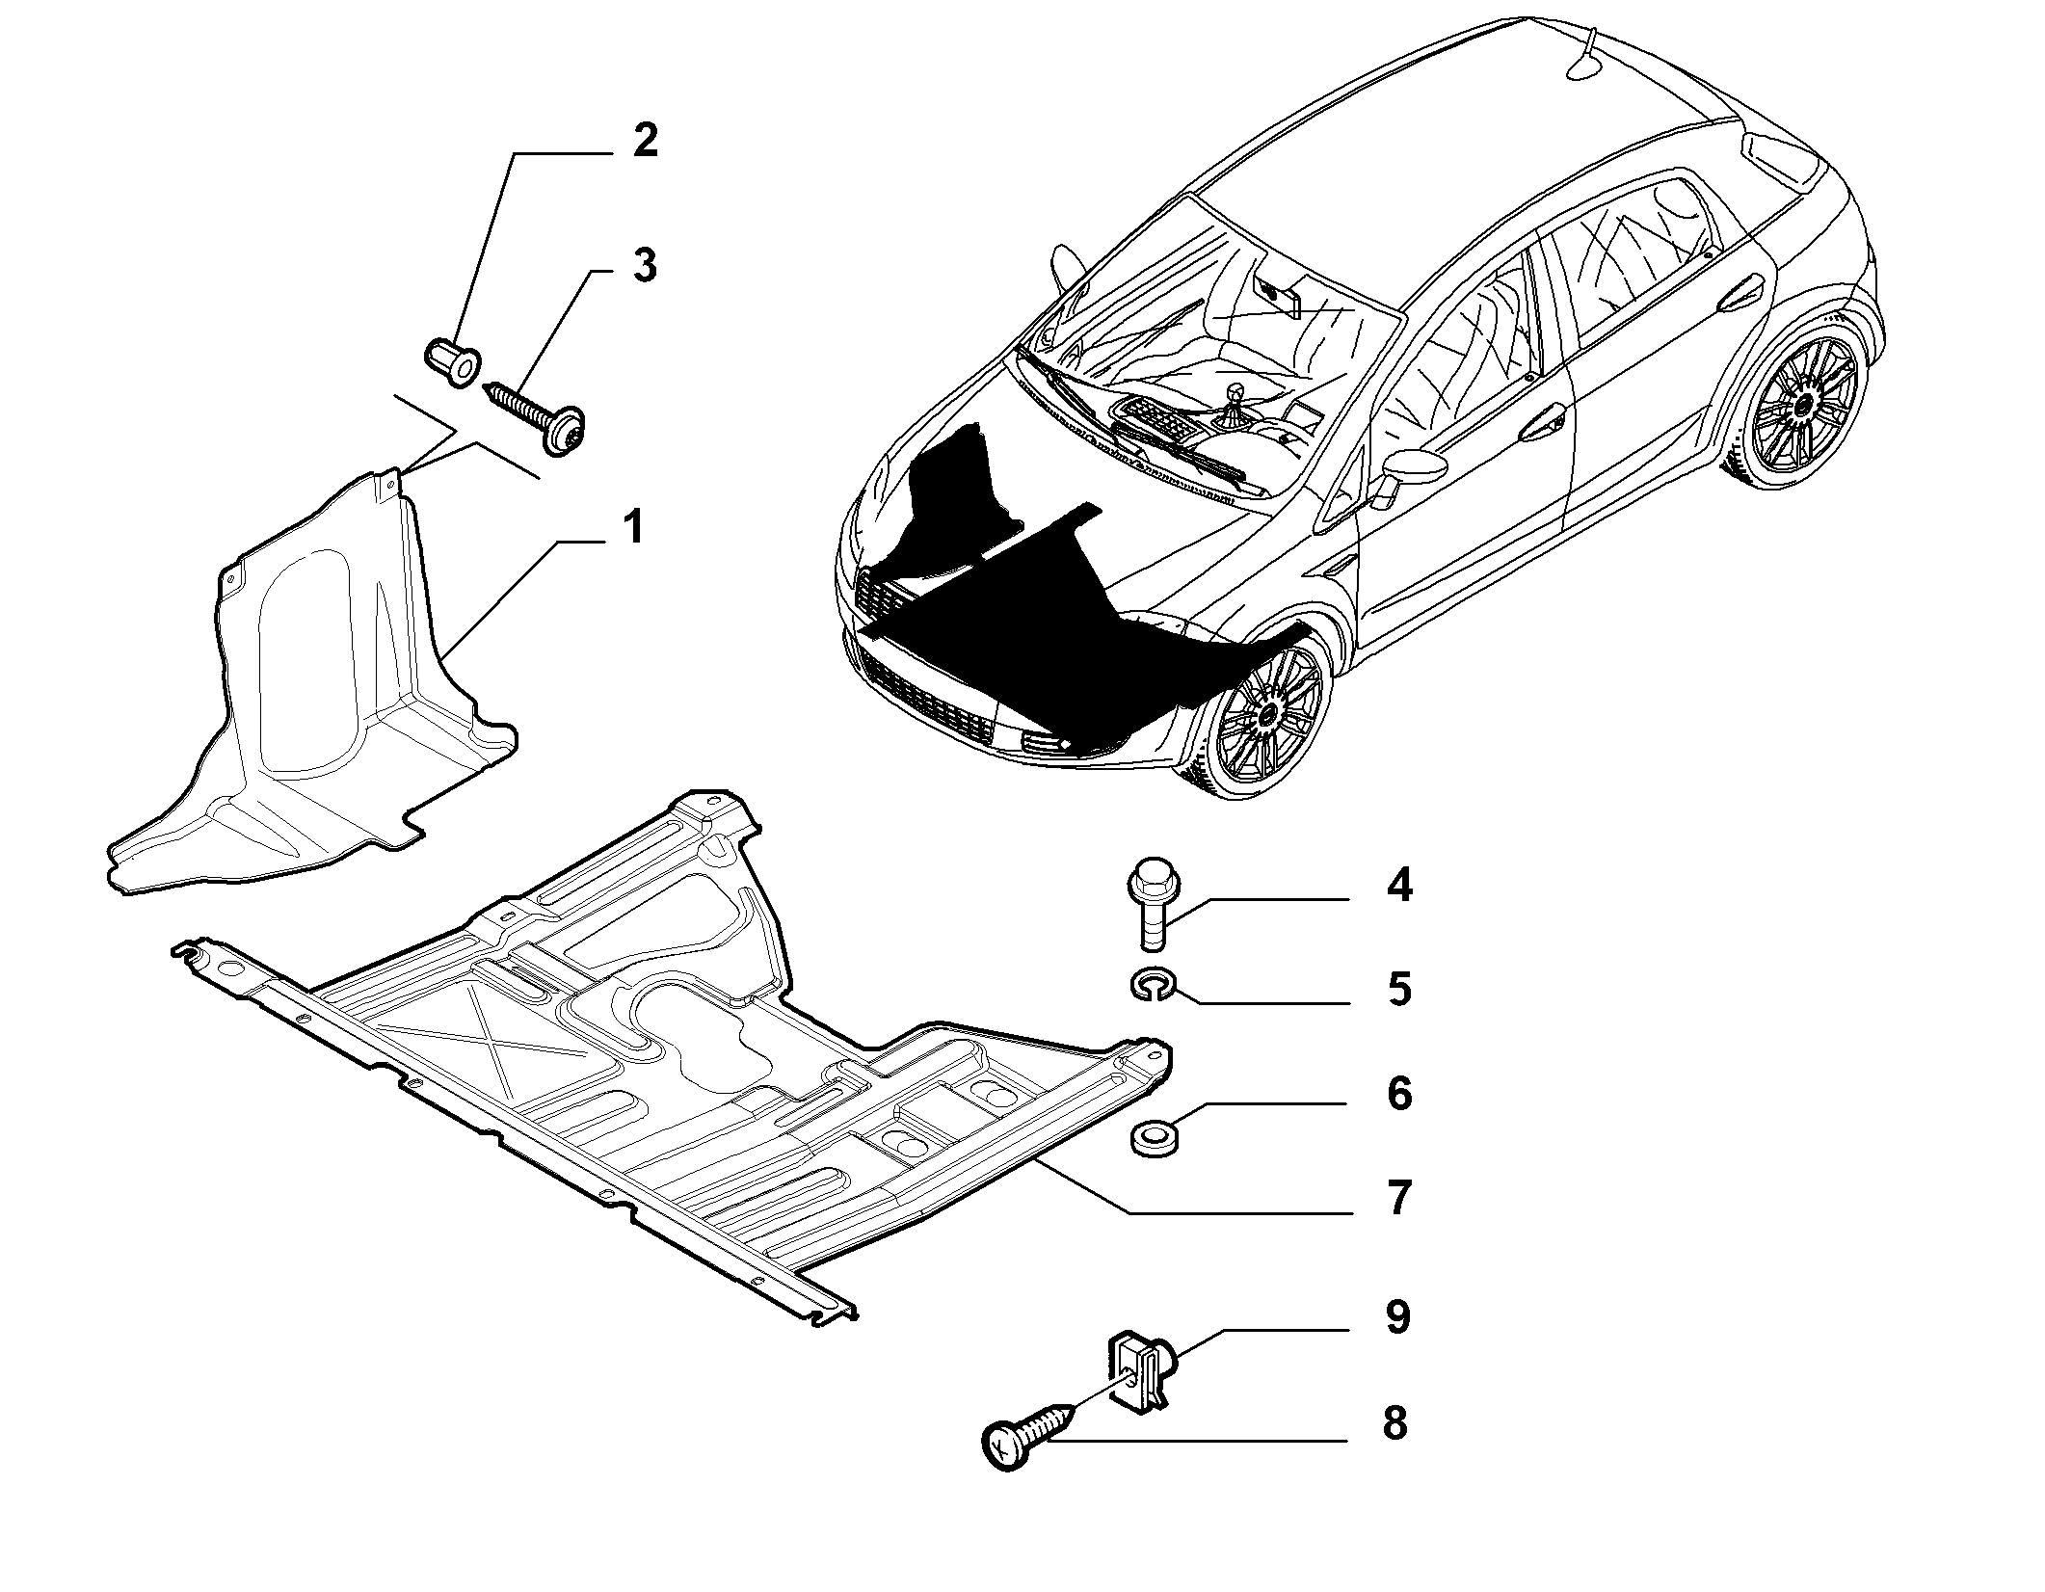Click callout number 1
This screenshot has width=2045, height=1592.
coord(632,528)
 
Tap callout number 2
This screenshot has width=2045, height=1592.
coord(645,142)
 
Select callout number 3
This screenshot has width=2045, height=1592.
coord(645,265)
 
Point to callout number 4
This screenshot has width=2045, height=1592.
coord(1399,885)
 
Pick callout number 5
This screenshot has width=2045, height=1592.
coord(1399,990)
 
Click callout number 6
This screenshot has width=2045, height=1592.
coord(1399,1095)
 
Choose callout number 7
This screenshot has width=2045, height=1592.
coord(1399,1198)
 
